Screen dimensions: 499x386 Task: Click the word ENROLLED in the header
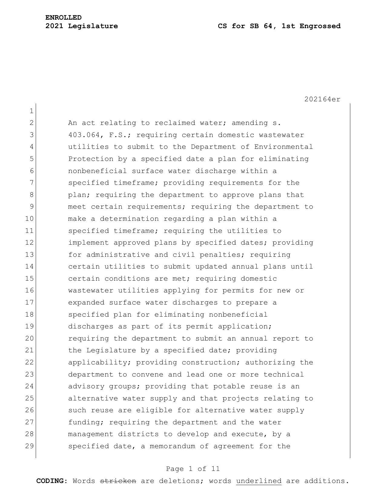click(x=64, y=18)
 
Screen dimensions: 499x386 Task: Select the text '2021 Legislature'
click(x=82, y=26)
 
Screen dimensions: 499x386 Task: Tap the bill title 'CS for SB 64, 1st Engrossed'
click(x=279, y=26)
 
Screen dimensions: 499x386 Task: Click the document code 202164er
click(x=322, y=99)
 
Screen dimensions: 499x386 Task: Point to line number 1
click(x=31, y=111)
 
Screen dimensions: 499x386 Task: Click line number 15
click(x=29, y=279)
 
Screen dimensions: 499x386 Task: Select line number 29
click(x=29, y=446)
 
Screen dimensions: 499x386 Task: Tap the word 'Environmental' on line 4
click(x=283, y=147)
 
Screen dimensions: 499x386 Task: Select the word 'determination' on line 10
click(x=129, y=219)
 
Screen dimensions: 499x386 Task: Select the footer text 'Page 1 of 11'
click(x=193, y=469)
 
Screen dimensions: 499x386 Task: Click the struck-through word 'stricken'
click(x=118, y=481)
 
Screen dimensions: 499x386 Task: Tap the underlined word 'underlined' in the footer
click(x=259, y=481)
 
